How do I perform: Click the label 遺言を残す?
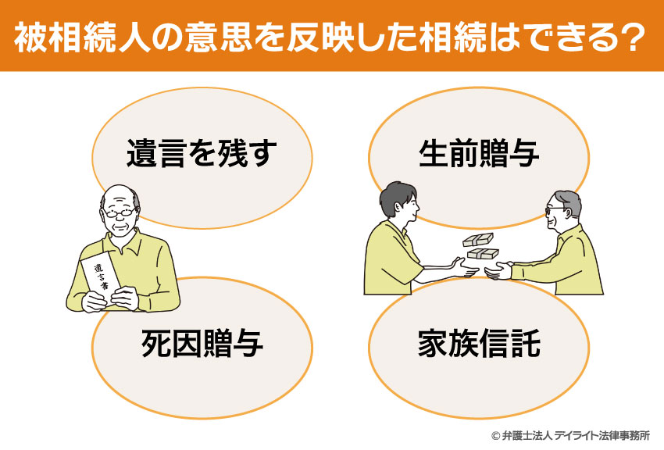click(x=202, y=153)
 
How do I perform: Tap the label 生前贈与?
click(x=479, y=153)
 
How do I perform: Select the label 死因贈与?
click(x=202, y=343)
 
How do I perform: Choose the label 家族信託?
click(x=479, y=343)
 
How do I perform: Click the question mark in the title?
click(x=634, y=37)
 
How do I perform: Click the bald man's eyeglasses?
click(x=120, y=212)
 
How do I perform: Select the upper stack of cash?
click(x=478, y=240)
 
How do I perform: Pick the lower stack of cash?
click(x=483, y=253)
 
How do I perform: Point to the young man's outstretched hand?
click(x=465, y=267)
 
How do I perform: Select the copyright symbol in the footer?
click(x=495, y=435)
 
